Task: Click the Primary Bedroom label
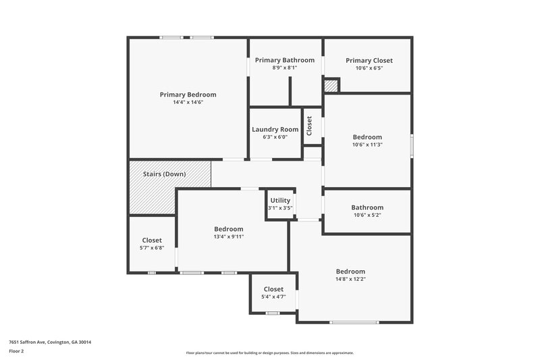coord(188,95)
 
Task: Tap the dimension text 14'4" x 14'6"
coord(188,103)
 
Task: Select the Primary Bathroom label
coord(284,60)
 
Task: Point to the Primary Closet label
coord(369,61)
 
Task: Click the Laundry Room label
coord(275,129)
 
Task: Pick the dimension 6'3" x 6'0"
coord(275,137)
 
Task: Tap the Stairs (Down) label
coord(164,174)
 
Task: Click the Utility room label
coord(280,201)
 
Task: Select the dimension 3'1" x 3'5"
coord(280,208)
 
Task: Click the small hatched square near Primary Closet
coord(331,86)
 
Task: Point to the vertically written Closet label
coord(310,126)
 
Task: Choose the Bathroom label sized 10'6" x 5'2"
coord(367,207)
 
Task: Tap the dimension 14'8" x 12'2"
coord(350,279)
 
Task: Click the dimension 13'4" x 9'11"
coord(228,236)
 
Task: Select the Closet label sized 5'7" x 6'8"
coord(152,240)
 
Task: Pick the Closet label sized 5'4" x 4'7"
coord(273,289)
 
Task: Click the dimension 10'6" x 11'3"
coord(367,145)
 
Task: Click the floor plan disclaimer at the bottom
coord(269,353)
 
